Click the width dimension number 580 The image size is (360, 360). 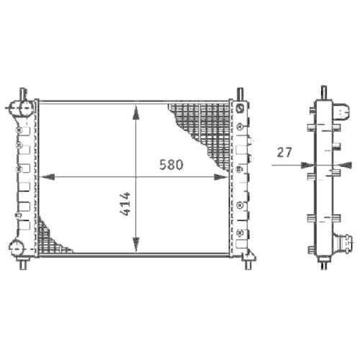coord(171,165)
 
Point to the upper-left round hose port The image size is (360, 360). coord(19,109)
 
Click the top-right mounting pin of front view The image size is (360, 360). coord(238,94)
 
